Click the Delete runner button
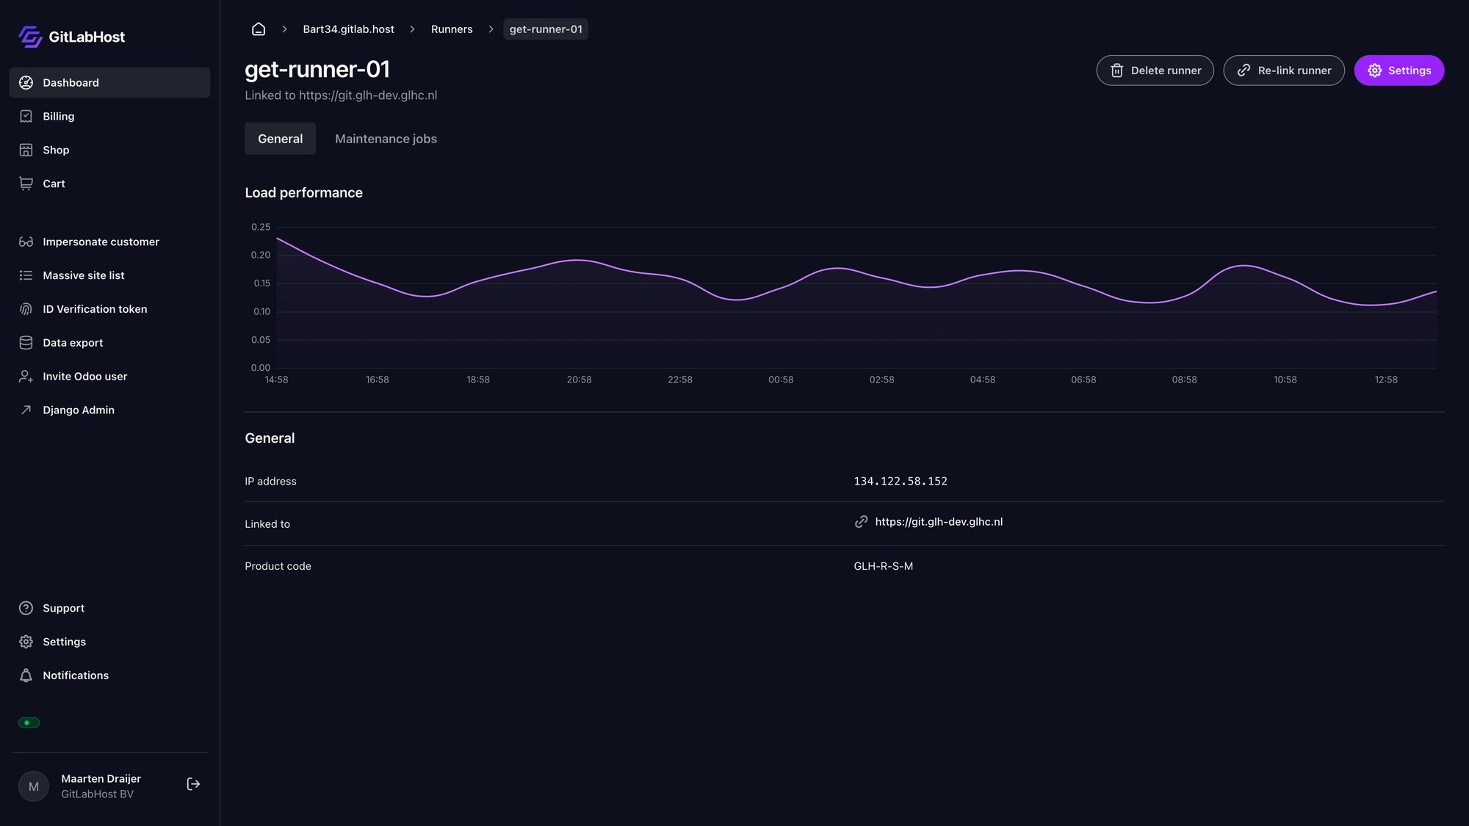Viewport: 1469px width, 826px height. tap(1155, 70)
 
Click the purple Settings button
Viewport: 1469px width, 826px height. tap(1398, 70)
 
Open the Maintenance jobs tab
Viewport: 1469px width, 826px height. tap(386, 139)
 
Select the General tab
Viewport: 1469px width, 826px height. tap(280, 139)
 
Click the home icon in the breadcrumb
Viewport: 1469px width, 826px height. tap(259, 29)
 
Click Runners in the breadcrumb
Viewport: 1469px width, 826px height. tap(451, 29)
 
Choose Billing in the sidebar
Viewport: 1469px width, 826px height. tap(58, 116)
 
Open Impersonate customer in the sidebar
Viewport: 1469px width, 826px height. tap(101, 242)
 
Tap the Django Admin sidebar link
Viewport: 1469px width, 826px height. tap(78, 410)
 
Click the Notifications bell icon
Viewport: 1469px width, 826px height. tap(26, 675)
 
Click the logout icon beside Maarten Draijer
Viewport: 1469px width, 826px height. tap(193, 784)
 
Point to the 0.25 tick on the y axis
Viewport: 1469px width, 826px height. tap(261, 227)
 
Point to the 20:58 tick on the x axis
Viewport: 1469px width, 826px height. tap(579, 380)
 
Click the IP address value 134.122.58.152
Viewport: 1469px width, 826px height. tap(900, 482)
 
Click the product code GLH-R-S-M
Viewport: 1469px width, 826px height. tap(883, 566)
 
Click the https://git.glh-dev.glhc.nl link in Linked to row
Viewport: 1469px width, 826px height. tap(938, 522)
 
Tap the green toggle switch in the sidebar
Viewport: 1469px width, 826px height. tap(29, 723)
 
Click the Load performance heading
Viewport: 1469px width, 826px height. tap(303, 192)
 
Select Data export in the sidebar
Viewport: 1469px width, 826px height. tap(72, 343)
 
